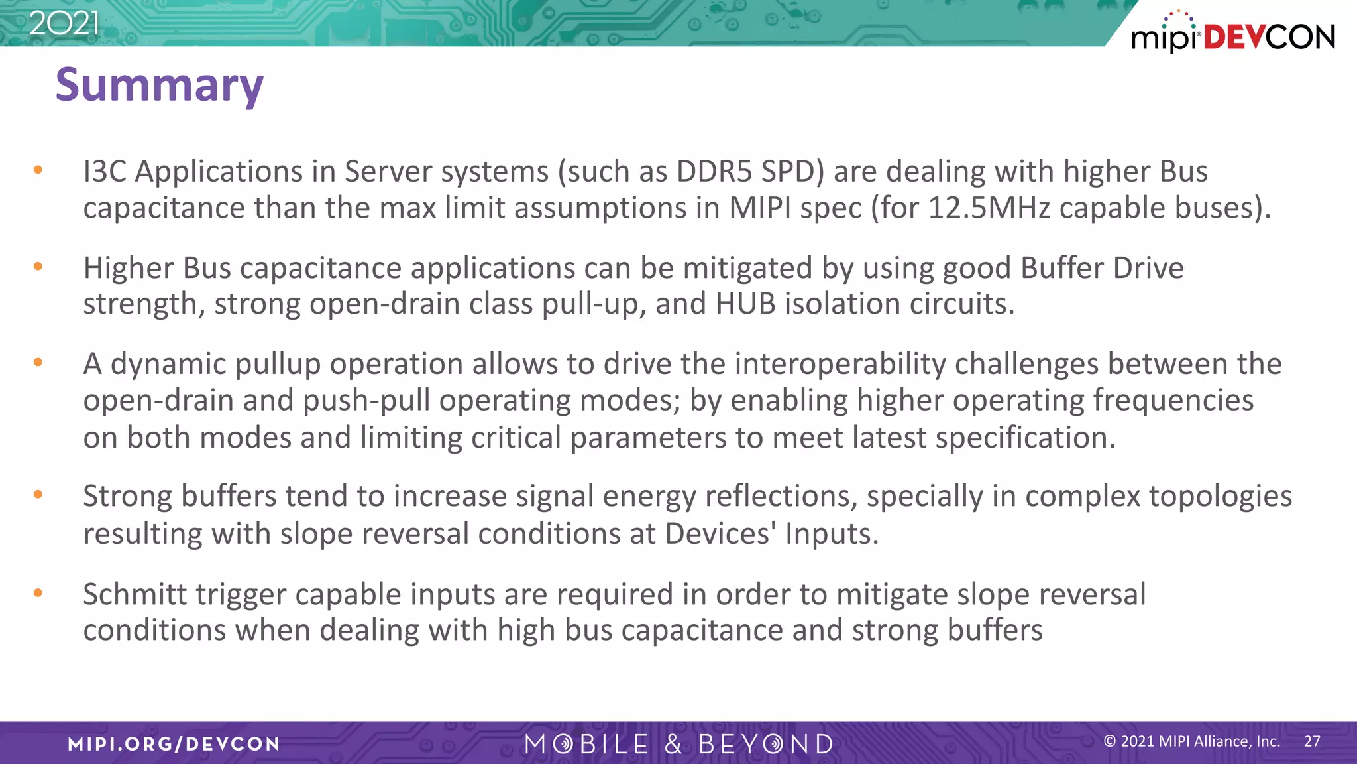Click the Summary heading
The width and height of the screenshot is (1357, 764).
159,86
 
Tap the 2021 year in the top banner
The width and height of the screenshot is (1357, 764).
64,24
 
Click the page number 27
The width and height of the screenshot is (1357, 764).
1312,741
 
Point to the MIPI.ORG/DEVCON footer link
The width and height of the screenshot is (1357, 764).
174,744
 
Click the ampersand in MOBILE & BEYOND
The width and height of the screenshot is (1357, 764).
673,744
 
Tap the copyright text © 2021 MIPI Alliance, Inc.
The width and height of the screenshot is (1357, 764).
1191,741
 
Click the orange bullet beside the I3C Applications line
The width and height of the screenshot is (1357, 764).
38,170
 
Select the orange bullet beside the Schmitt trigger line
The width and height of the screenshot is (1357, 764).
38,593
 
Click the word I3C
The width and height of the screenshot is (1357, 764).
105,172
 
